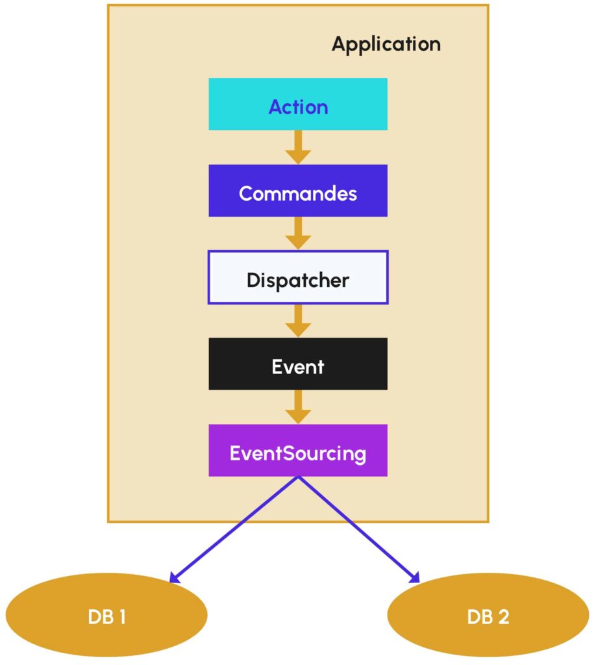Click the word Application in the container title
click(x=386, y=44)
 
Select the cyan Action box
click(x=298, y=104)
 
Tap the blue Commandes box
click(x=298, y=190)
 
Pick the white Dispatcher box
click(x=298, y=277)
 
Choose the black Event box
click(x=298, y=364)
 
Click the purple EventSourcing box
click(x=298, y=450)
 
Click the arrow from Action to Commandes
click(x=298, y=147)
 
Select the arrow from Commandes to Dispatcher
click(x=298, y=234)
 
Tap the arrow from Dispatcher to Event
click(x=298, y=321)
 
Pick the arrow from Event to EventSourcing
click(x=298, y=407)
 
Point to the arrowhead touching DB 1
click(x=174, y=577)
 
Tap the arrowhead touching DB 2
click(x=415, y=577)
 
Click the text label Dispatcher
click(x=298, y=280)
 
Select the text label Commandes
click(x=298, y=193)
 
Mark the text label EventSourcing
click(x=298, y=453)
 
